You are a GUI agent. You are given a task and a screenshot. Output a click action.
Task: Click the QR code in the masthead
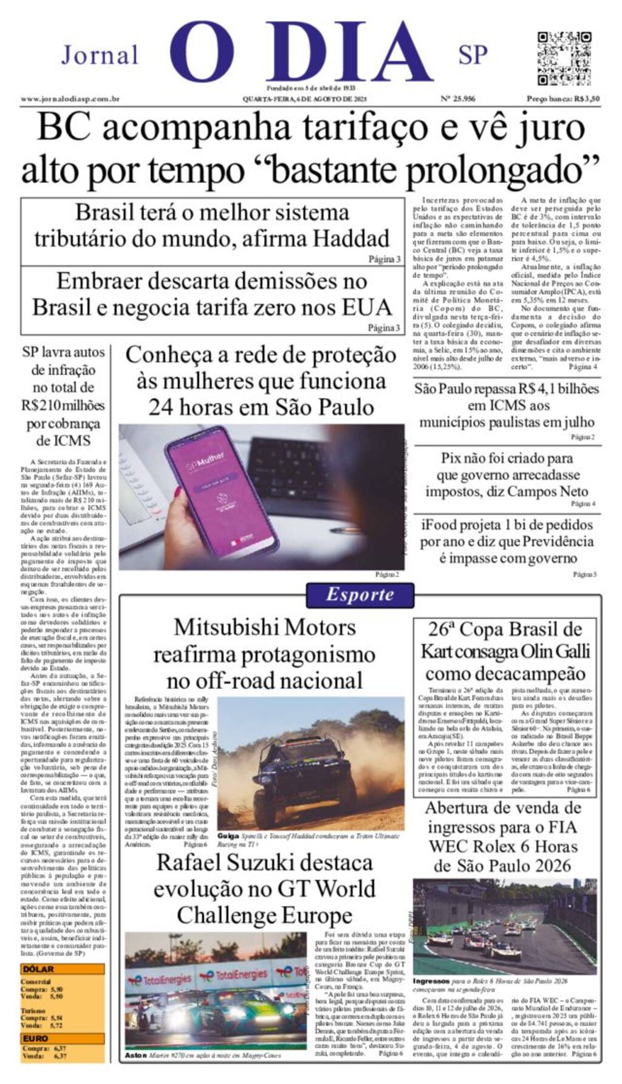coord(564,58)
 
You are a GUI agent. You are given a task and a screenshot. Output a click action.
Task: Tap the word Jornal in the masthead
coord(100,55)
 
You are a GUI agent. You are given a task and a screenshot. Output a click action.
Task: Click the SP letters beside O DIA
coord(473,55)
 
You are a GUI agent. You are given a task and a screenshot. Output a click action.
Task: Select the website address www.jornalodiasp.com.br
coord(70,99)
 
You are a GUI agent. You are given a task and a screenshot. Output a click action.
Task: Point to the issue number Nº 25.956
coord(457,99)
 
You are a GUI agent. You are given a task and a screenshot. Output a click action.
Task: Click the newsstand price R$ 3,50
coord(563,99)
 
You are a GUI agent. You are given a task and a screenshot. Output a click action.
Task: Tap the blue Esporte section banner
coord(360,594)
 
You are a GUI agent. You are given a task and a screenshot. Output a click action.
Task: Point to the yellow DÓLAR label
coord(38,970)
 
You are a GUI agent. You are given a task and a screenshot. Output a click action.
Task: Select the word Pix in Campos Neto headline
coord(451,458)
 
